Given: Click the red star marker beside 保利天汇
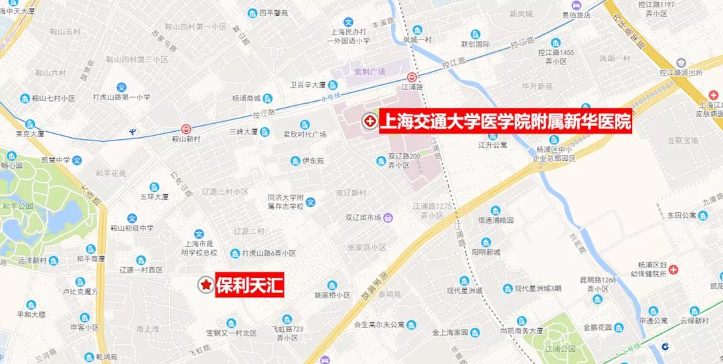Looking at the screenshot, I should point(206,286).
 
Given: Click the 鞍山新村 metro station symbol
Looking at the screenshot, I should point(186,128).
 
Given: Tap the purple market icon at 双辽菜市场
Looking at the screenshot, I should point(388,217).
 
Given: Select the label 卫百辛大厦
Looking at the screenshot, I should point(307,85).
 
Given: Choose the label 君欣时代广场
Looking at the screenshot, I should point(305,134).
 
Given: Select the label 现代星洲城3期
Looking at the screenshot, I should point(542,289).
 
